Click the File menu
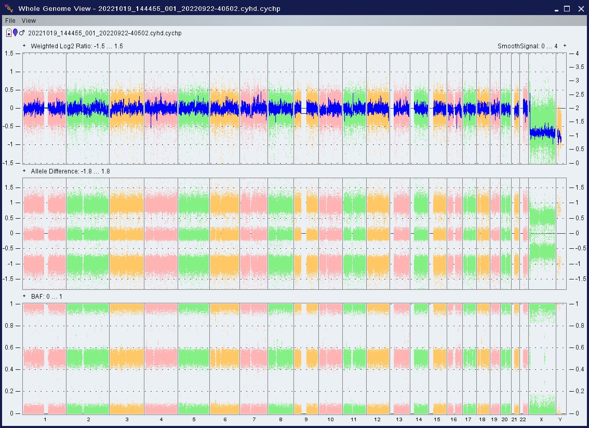(x=10, y=21)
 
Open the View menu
(x=29, y=21)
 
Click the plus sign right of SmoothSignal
(x=565, y=46)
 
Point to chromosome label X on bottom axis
(x=541, y=419)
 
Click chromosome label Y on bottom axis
(x=559, y=419)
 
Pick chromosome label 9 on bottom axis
(x=306, y=419)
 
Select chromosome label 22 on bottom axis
(x=523, y=419)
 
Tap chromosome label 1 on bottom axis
(x=45, y=419)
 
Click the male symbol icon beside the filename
(x=22, y=33)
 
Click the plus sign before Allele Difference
(x=24, y=170)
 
